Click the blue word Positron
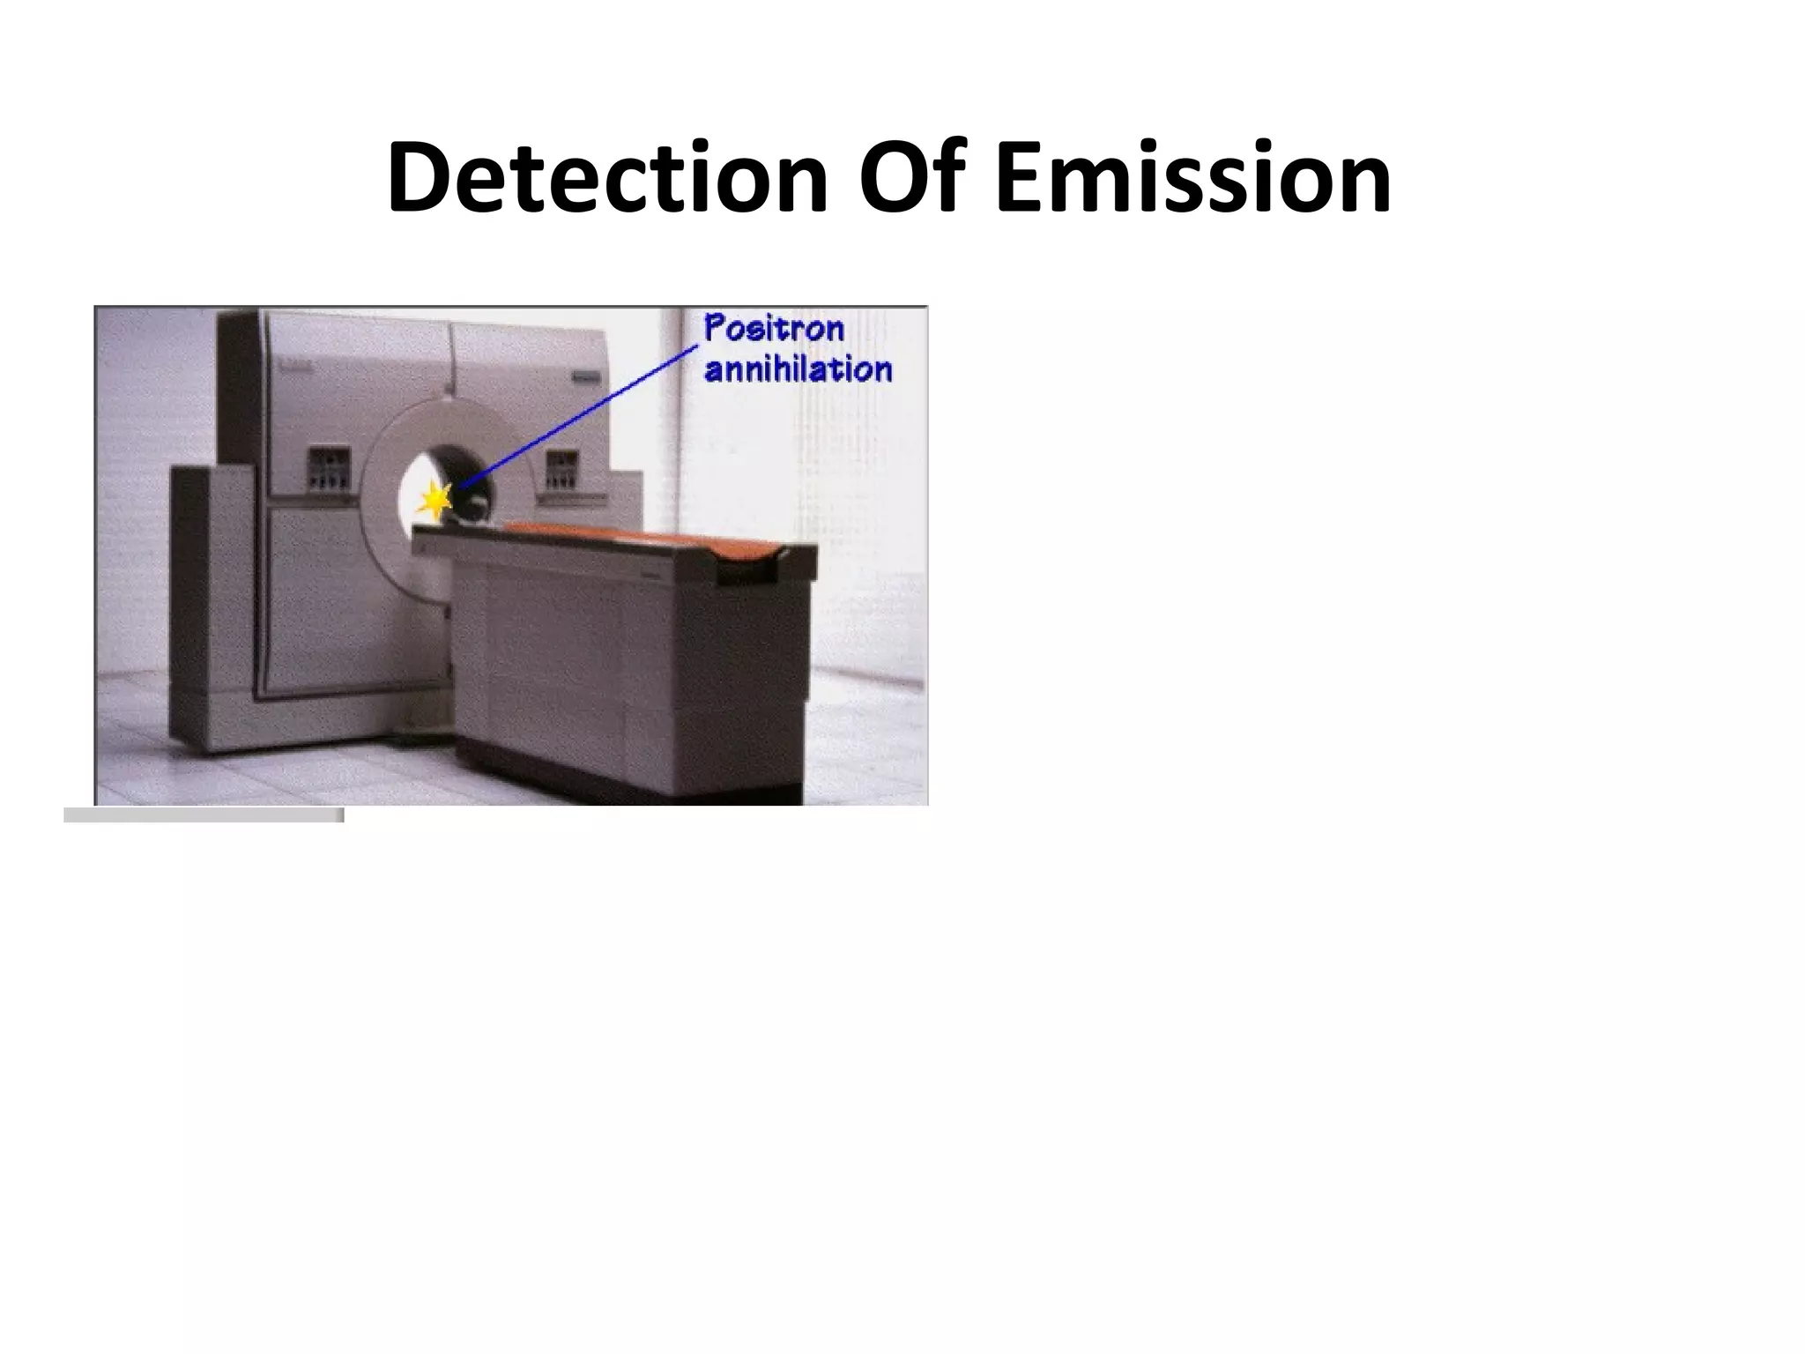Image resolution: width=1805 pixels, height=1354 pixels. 774,329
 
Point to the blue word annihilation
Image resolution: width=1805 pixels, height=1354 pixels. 798,368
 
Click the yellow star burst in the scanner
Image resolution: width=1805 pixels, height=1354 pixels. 435,500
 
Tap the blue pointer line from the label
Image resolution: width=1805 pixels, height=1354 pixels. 582,415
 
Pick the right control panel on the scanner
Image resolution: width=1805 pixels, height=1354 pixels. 562,468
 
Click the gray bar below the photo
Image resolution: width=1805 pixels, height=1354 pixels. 204,815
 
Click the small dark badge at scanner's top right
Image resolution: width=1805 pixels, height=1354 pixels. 586,375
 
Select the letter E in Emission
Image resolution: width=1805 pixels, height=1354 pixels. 1017,178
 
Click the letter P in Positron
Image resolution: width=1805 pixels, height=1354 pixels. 716,329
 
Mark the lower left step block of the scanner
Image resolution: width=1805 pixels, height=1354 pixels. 212,608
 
